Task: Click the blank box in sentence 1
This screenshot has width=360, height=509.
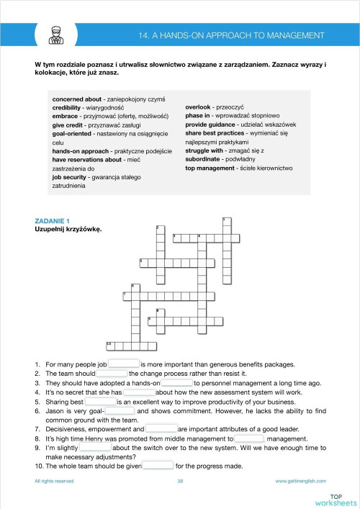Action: point(123,364)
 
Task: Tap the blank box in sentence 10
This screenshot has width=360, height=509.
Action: point(158,465)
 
